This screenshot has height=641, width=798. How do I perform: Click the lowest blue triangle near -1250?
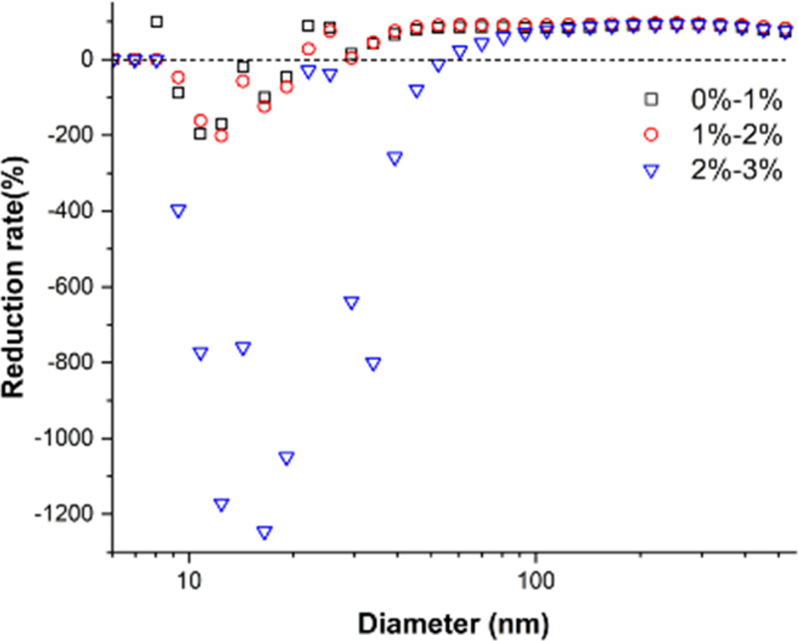point(264,532)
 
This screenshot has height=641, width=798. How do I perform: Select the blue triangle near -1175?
point(221,504)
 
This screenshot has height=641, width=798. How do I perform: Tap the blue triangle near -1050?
point(286,458)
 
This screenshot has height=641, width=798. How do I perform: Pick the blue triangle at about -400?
point(179,210)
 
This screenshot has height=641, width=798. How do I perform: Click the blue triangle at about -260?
point(394,158)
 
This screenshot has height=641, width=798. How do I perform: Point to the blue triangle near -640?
point(351,302)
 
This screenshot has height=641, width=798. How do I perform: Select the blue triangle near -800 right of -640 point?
point(373,364)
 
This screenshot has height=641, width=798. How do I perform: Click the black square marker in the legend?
point(651,98)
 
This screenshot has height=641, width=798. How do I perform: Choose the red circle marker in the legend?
point(651,134)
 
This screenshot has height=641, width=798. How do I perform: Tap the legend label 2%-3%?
point(726,170)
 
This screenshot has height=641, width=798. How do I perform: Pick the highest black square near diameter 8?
point(157,22)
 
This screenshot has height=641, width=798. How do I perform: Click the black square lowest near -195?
point(199,134)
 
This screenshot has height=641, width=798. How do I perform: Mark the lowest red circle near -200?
point(221,136)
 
